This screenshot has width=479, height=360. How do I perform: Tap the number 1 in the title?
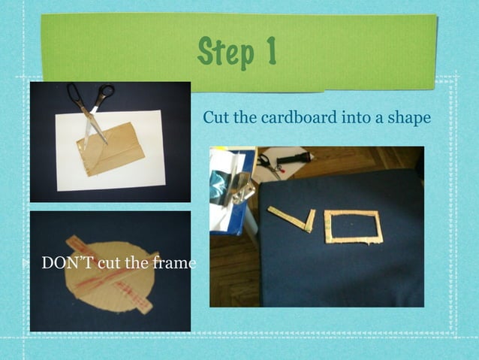click(269, 51)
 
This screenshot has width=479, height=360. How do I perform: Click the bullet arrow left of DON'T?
click(26, 264)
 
